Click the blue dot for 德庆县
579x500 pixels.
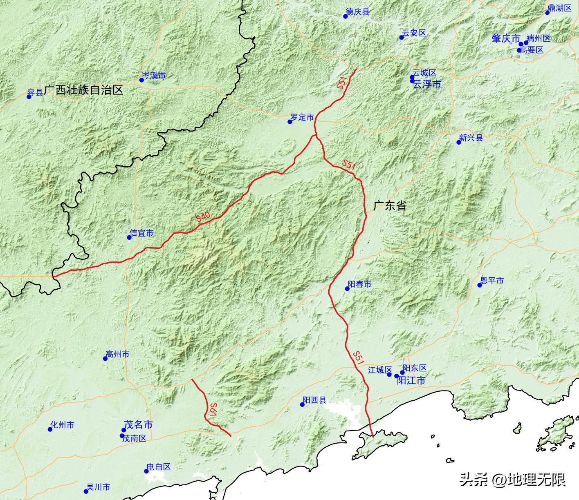tap(346, 16)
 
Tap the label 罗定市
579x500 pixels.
tap(302, 117)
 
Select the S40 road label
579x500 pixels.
tap(203, 217)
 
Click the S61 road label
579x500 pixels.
tap(212, 410)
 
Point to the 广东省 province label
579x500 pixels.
tap(390, 205)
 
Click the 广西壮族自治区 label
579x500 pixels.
tap(83, 90)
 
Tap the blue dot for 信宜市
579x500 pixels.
tap(129, 237)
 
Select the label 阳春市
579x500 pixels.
tap(359, 283)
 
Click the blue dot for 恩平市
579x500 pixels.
tap(480, 285)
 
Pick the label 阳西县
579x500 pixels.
tap(314, 400)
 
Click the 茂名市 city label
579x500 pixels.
tap(138, 425)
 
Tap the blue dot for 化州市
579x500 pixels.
tap(50, 429)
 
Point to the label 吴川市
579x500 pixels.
tap(98, 487)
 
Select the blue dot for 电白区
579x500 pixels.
tap(146, 471)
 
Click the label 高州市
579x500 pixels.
tap(117, 354)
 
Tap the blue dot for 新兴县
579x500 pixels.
tap(459, 142)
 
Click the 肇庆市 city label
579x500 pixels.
tap(505, 38)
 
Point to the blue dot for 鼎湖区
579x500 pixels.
tap(548, 13)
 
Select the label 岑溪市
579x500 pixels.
tap(154, 76)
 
